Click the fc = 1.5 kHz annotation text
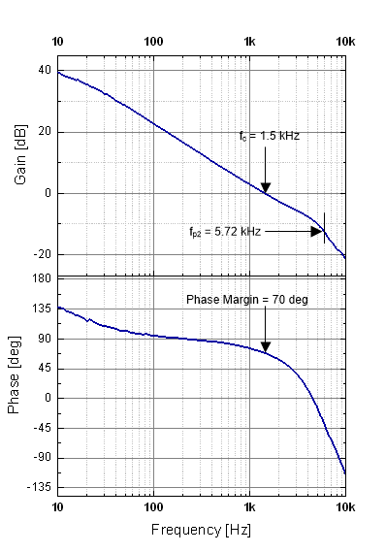point(270,136)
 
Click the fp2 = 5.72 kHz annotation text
point(225,232)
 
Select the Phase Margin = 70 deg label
point(247,300)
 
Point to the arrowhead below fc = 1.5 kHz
point(265,187)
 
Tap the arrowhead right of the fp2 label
point(316,232)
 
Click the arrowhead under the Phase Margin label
point(265,347)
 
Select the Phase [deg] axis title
point(16,382)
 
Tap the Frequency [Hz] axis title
point(201,531)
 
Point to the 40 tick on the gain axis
point(43,71)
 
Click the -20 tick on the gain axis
point(41,254)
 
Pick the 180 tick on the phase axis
point(41,279)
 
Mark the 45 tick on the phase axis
point(43,369)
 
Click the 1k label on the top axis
point(249,42)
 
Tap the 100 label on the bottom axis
point(153,506)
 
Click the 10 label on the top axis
point(58,42)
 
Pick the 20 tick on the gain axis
point(43,132)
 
